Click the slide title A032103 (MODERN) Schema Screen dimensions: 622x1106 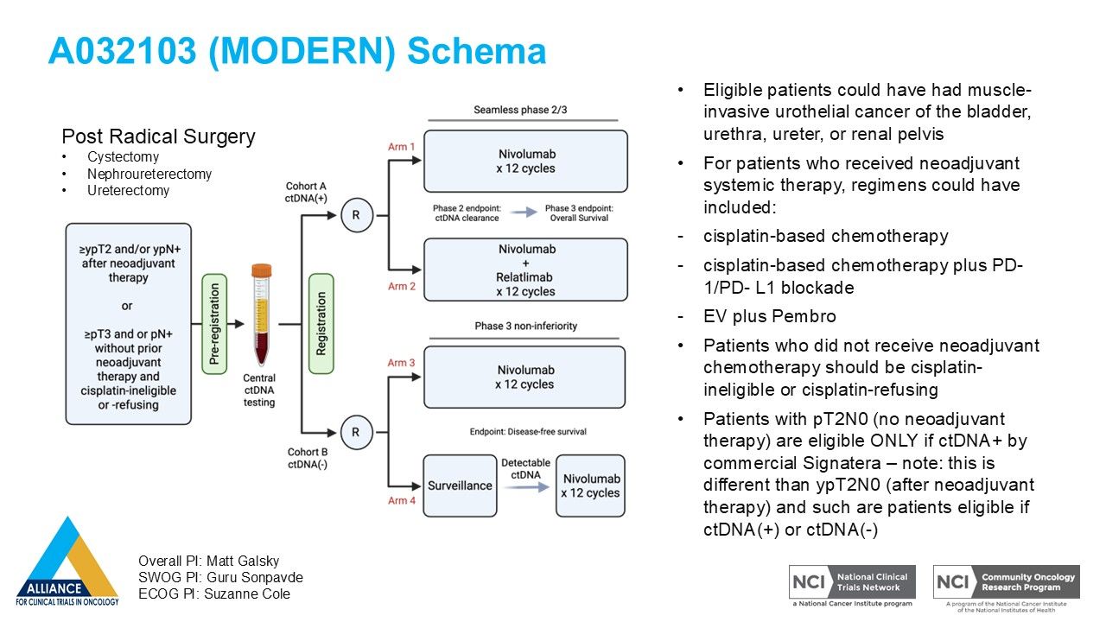296,51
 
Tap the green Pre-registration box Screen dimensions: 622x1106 214,323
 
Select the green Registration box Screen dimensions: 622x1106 321,323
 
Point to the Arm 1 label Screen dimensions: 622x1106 402,147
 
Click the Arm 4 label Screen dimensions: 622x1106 402,500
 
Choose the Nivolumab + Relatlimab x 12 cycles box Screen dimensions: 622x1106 525,270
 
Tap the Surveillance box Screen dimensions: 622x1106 460,486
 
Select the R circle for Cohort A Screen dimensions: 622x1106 356,216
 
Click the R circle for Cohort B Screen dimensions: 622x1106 356,431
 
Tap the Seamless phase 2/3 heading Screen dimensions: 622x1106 520,110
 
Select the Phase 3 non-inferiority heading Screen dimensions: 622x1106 525,326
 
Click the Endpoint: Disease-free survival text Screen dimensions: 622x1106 528,432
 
